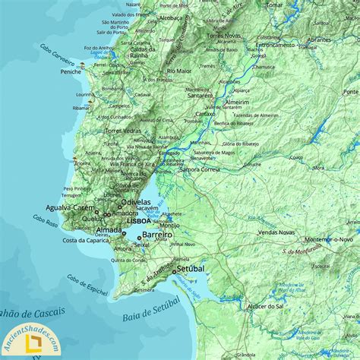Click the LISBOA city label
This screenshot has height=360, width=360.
(140, 220)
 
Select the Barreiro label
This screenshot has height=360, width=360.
(156, 235)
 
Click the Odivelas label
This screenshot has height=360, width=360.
(136, 203)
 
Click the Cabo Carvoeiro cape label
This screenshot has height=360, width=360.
(58, 54)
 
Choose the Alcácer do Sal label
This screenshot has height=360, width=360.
(265, 305)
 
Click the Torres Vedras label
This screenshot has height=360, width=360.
(123, 131)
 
